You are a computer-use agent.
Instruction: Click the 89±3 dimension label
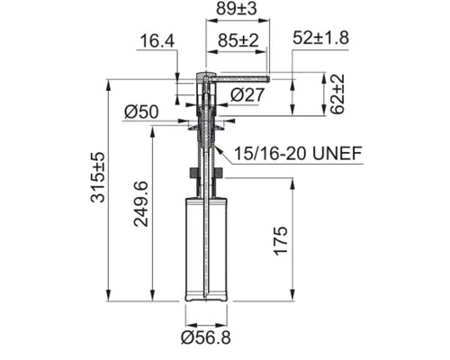click(237, 9)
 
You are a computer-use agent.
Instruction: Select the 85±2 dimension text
click(238, 40)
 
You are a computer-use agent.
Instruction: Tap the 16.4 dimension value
click(157, 40)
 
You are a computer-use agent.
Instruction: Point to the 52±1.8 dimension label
click(320, 38)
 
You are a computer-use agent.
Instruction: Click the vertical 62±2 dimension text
click(337, 94)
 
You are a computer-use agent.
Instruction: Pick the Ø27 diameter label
click(247, 94)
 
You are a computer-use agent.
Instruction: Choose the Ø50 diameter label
click(141, 112)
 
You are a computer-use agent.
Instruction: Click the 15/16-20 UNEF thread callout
click(298, 153)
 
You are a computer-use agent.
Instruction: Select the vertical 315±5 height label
click(98, 177)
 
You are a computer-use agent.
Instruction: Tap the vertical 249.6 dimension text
click(141, 203)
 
